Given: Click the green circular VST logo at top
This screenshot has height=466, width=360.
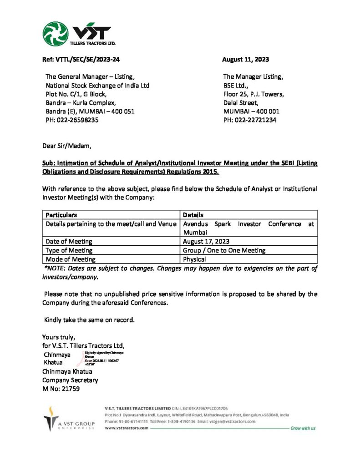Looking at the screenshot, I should pos(56,33).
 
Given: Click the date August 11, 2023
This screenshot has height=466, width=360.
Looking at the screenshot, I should pos(245,59).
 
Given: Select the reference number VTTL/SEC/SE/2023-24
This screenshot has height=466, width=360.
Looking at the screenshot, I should pos(81,59).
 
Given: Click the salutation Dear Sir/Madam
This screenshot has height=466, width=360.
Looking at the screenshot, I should pos(66,146).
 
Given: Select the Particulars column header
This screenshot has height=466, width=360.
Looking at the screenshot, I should pos(61,215).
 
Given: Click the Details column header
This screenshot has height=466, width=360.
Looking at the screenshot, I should pos(193,215).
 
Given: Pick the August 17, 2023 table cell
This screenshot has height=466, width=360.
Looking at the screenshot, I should pos(206,242).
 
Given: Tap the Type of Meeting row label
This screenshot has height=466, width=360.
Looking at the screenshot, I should pos(69,250).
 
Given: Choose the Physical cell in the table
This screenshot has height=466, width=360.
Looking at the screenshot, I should pos(195,259).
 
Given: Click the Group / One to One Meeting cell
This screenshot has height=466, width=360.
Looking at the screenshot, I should pos(224,250).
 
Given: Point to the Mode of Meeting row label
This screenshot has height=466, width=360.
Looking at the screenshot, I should pos(71,259).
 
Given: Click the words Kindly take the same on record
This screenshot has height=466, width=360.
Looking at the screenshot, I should pos(89,320).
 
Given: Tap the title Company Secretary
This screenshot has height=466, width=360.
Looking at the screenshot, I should pos(70,380).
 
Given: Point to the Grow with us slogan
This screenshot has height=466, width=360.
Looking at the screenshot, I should pos(303,428).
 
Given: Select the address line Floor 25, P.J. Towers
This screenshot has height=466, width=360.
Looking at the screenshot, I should pos(254,94).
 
